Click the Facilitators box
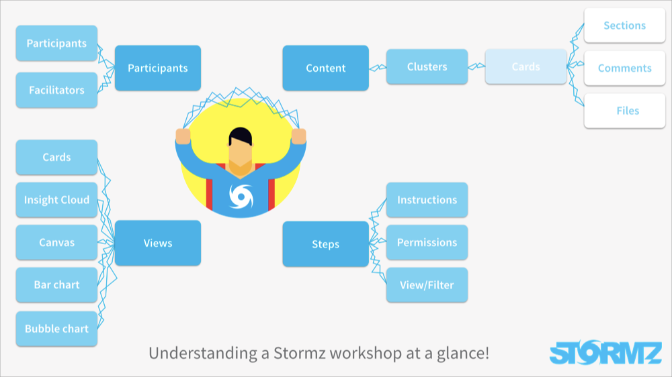(x=56, y=90)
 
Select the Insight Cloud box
(x=56, y=200)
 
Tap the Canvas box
(x=56, y=242)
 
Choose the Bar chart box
(x=56, y=285)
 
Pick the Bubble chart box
(x=56, y=329)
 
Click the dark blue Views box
(x=158, y=243)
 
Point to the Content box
(x=326, y=68)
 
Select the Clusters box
(x=427, y=67)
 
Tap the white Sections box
(x=625, y=25)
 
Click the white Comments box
(x=625, y=68)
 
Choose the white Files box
(x=625, y=111)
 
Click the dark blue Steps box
(x=326, y=244)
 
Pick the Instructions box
(x=427, y=200)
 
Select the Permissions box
(x=427, y=242)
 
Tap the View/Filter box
(x=427, y=285)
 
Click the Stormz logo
(x=605, y=353)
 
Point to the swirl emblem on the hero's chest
(x=241, y=197)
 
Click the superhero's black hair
(x=241, y=136)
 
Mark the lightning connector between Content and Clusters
(x=378, y=67)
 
